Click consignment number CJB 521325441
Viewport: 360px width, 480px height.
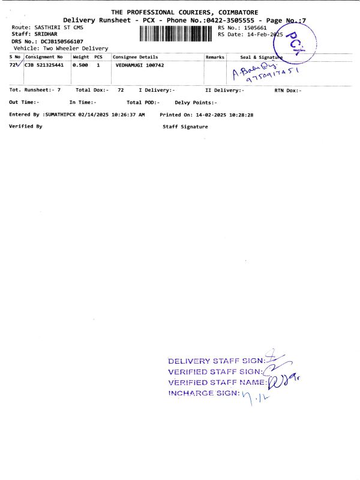[44, 65]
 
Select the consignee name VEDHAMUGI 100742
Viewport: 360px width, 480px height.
[140, 65]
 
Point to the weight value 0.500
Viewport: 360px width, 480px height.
[80, 65]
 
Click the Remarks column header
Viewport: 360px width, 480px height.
[215, 57]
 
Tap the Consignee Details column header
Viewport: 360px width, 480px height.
[136, 57]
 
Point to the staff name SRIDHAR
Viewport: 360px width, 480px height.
[46, 35]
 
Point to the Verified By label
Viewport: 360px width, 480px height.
[26, 127]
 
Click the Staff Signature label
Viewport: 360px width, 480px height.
[185, 127]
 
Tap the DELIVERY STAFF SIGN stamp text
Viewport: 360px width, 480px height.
[216, 361]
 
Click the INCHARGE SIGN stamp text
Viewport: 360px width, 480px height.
[204, 394]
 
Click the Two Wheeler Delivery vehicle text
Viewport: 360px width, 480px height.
[74, 48]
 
